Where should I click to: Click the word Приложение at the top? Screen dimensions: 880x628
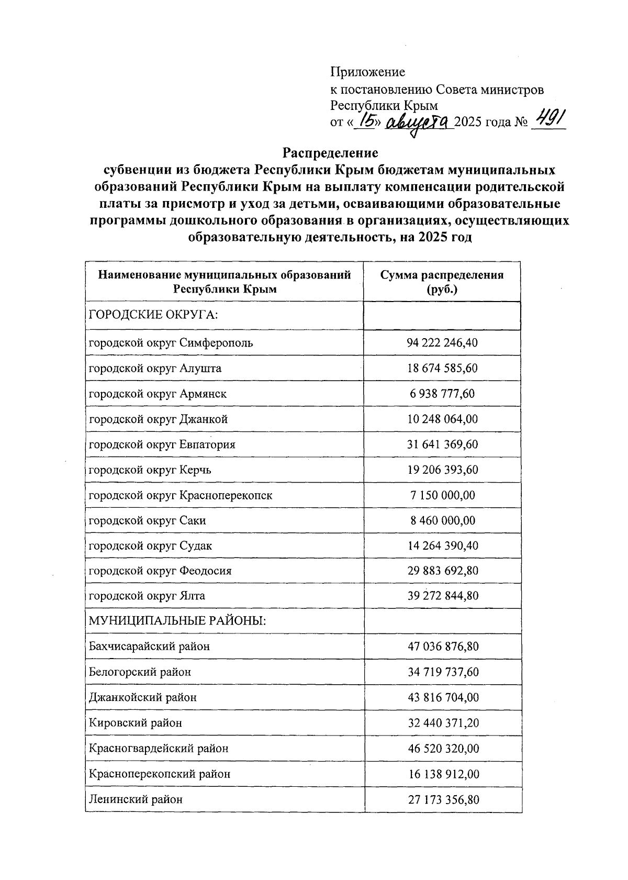pyautogui.click(x=367, y=72)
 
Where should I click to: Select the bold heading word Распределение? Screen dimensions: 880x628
pyautogui.click(x=330, y=153)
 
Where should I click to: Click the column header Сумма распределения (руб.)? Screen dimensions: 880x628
pyautogui.click(x=442, y=282)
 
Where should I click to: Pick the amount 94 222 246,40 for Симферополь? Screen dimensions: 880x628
pyautogui.click(x=442, y=343)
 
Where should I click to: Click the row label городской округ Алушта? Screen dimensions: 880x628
pyautogui.click(x=155, y=368)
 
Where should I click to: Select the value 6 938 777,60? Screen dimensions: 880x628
pyautogui.click(x=442, y=394)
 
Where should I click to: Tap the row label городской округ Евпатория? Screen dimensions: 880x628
pyautogui.click(x=162, y=444)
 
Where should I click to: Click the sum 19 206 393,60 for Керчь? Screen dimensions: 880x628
pyautogui.click(x=442, y=470)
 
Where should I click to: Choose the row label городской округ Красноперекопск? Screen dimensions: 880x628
pyautogui.click(x=181, y=495)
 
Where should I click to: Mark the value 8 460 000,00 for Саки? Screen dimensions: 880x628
pyautogui.click(x=442, y=520)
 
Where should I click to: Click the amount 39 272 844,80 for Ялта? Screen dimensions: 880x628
pyautogui.click(x=442, y=596)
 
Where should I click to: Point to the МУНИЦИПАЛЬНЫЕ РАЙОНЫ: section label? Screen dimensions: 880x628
pyautogui.click(x=177, y=621)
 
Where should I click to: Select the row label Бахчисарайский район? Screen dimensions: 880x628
pyautogui.click(x=149, y=646)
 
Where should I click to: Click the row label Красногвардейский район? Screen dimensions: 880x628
pyautogui.click(x=159, y=748)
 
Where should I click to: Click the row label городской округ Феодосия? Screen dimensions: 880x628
pyautogui.click(x=160, y=571)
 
